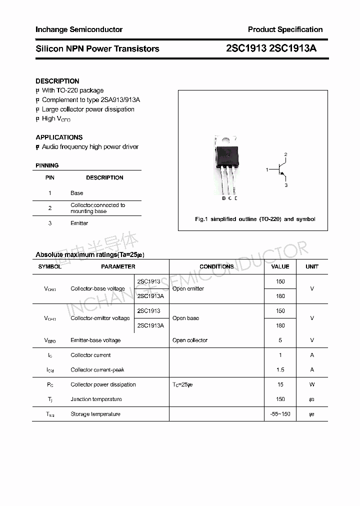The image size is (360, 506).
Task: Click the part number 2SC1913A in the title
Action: pos(292,48)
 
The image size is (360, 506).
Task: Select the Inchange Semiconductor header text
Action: pos(79,29)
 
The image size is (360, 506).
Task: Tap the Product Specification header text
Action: pos(285,29)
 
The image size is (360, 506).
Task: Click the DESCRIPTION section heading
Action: pos(57,81)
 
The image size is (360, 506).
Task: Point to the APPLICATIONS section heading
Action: pos(59,137)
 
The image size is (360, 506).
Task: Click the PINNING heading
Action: pos(47,165)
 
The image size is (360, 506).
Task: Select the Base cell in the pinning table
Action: pos(77,193)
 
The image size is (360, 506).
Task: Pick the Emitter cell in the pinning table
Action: pos(79,223)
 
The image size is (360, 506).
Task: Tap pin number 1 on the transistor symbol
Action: pos(267,170)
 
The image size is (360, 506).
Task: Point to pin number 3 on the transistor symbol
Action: pos(286,185)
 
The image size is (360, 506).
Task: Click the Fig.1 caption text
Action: pos(255,219)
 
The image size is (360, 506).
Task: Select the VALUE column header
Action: pos(280,266)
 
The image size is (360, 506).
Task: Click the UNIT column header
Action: pos(312,266)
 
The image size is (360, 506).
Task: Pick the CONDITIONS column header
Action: pos(216,266)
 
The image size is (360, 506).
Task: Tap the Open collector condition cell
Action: pos(189,340)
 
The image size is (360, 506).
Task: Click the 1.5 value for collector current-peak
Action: pos(280,370)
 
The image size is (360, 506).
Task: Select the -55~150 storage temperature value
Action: pos(280,414)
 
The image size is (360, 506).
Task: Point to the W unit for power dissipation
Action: pos(312,384)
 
